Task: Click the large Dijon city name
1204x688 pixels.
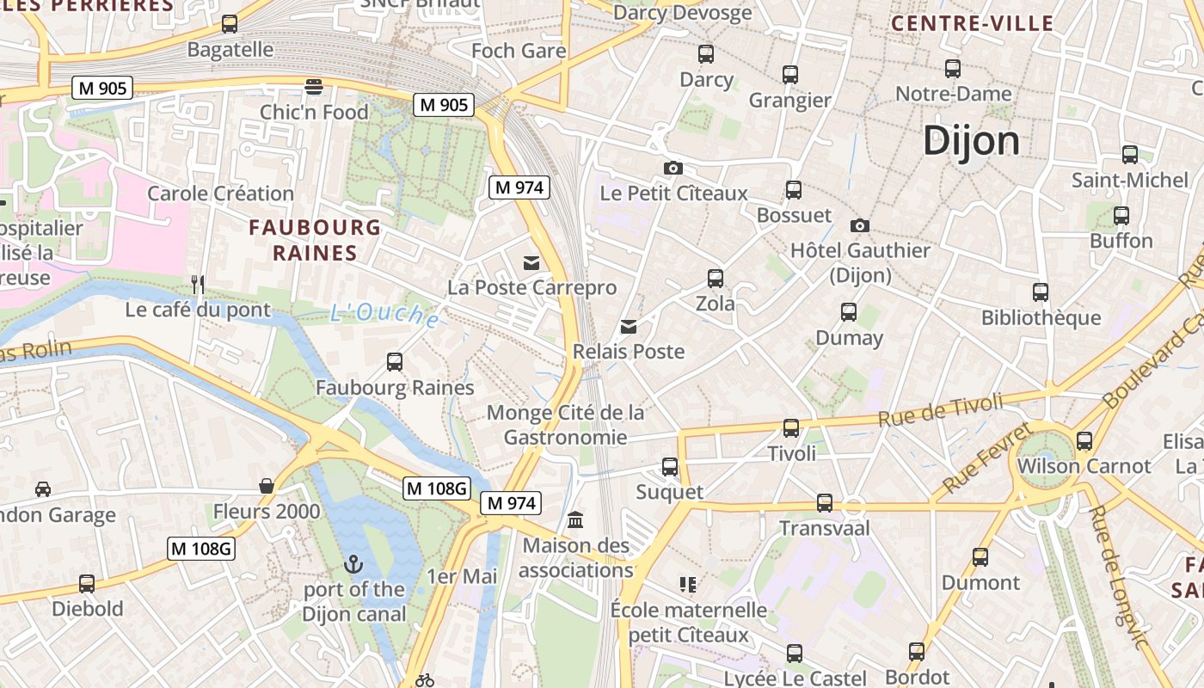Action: click(971, 141)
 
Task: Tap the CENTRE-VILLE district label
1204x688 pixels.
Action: click(972, 23)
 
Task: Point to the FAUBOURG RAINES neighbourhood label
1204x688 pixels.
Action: click(314, 240)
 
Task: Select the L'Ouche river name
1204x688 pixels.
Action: click(384, 316)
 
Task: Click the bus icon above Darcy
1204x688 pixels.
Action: click(706, 54)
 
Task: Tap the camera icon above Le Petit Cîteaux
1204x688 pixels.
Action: click(673, 168)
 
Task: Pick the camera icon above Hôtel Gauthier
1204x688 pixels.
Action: click(859, 225)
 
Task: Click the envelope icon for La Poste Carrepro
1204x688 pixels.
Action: click(531, 262)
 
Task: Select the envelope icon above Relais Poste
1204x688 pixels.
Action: click(630, 327)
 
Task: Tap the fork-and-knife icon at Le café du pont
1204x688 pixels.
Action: click(198, 285)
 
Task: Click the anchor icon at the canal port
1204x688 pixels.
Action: click(353, 565)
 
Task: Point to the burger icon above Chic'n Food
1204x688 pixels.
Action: click(314, 87)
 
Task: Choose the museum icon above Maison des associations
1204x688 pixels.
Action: click(575, 520)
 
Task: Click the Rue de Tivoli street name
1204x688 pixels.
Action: click(940, 410)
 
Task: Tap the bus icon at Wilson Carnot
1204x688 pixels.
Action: click(1084, 441)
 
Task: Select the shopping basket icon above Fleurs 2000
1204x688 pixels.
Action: click(267, 487)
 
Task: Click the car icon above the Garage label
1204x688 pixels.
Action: click(42, 489)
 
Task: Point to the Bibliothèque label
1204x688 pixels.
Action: click(1041, 318)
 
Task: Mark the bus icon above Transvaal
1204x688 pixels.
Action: click(824, 503)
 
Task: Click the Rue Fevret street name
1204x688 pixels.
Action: click(986, 458)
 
